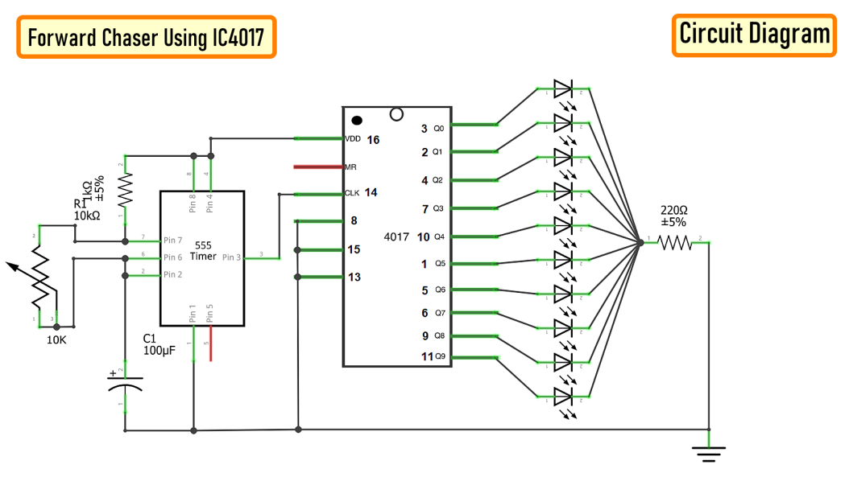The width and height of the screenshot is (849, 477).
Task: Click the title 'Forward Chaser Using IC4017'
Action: tap(146, 37)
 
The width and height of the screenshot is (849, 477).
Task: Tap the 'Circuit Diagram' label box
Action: tap(754, 35)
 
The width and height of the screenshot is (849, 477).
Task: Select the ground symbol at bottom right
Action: tap(709, 453)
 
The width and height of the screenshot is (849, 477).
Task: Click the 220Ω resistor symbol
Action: tap(675, 241)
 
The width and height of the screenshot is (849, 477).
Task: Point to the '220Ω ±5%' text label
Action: tap(674, 216)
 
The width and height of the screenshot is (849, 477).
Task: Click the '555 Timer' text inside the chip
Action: tap(203, 251)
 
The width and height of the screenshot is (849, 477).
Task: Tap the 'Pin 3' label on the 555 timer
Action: tap(231, 257)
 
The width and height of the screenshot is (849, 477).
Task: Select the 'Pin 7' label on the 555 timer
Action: tap(172, 240)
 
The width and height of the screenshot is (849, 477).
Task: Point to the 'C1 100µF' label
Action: tap(159, 344)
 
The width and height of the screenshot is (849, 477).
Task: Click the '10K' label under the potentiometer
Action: tap(56, 340)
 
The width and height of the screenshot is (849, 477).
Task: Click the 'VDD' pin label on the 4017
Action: tap(353, 139)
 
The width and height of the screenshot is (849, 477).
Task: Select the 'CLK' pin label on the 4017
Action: tap(352, 193)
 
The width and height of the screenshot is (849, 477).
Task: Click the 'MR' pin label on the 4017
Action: tap(350, 167)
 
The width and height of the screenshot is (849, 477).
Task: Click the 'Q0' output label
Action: tap(438, 129)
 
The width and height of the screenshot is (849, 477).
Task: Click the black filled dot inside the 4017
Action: tap(357, 120)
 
